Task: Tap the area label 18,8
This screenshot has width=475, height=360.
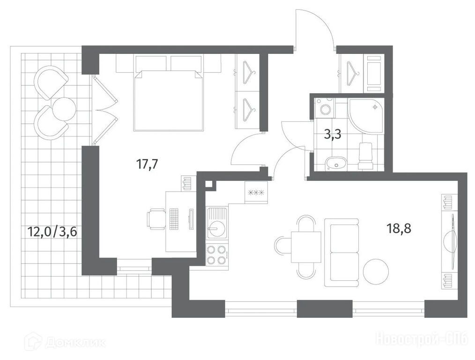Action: (399, 228)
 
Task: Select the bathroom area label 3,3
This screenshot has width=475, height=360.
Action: (333, 134)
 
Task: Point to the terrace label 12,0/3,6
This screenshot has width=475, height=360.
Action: (52, 232)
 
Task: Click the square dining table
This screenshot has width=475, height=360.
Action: (306, 247)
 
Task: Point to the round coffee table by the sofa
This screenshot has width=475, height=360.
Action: (376, 271)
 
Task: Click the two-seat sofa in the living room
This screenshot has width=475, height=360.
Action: (342, 253)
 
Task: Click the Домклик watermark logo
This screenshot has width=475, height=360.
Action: (66, 343)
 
